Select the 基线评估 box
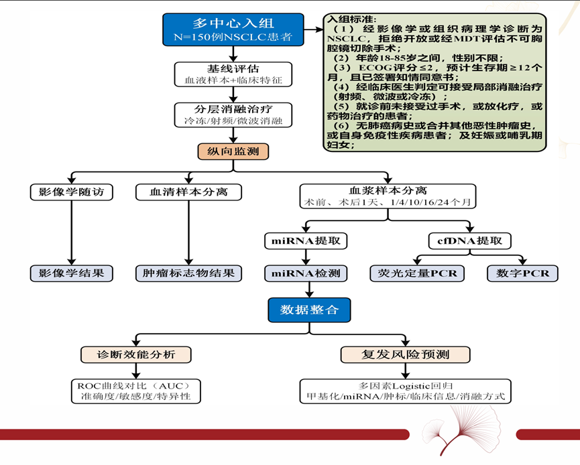click(233, 74)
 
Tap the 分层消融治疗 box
click(233, 115)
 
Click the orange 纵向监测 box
click(233, 151)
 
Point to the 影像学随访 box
click(71, 192)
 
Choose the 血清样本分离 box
click(188, 192)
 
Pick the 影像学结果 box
click(71, 273)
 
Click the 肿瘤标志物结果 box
click(188, 273)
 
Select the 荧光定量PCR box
click(417, 273)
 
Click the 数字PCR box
click(522, 273)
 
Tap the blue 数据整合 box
click(308, 310)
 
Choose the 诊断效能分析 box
click(137, 354)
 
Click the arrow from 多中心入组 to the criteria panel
click(310, 30)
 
